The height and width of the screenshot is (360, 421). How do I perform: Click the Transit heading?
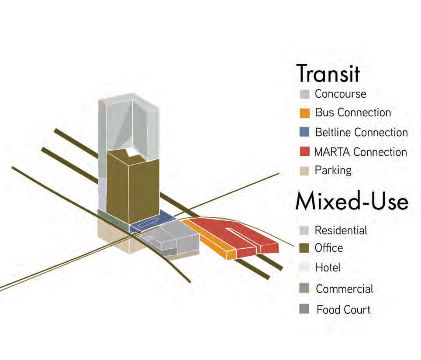[328, 73]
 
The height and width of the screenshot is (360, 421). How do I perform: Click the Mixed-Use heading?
[352, 202]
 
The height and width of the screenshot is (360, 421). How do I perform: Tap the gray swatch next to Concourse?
[305, 94]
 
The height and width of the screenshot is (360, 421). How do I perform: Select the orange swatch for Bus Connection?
[305, 113]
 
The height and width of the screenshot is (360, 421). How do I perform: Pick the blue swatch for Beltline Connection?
[305, 132]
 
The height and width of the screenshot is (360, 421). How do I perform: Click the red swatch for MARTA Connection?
[305, 152]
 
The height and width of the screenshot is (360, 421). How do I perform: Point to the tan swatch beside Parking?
[305, 170]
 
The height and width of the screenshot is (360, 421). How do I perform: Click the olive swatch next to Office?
[305, 248]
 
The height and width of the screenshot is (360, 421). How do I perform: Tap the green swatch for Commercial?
[305, 288]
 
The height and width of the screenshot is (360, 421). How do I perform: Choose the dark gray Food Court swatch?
[305, 309]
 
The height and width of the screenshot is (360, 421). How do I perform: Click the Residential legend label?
[341, 230]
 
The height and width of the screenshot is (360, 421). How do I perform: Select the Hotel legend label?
[328, 267]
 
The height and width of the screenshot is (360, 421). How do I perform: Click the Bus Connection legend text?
[353, 113]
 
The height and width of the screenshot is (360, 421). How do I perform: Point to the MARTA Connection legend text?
[361, 152]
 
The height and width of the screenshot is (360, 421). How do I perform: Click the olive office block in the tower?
[131, 188]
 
